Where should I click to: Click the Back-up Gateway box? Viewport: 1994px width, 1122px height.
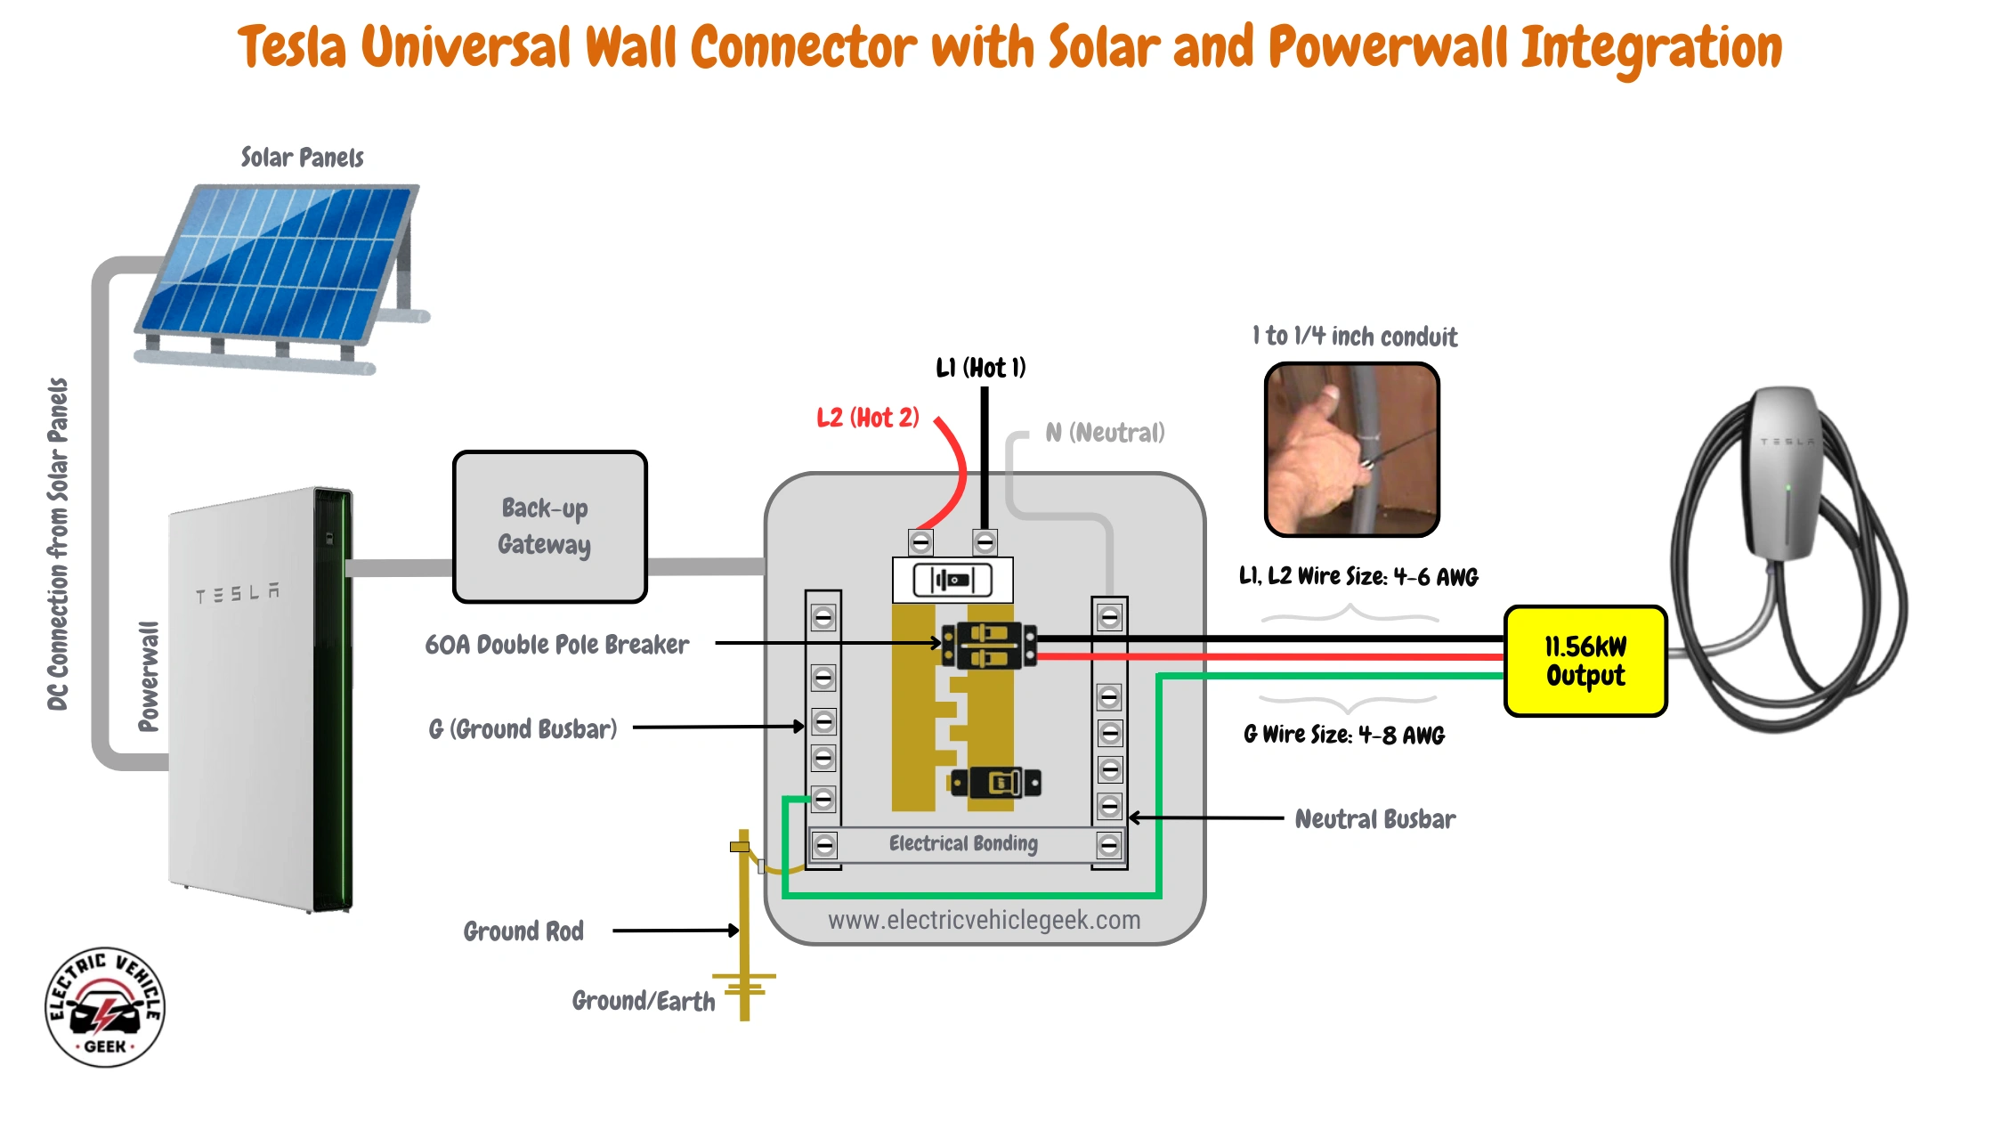click(549, 526)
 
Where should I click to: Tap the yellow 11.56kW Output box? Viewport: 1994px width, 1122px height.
click(1585, 661)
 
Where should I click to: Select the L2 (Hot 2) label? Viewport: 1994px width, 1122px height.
click(867, 418)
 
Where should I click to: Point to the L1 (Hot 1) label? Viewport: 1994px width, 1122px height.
click(980, 368)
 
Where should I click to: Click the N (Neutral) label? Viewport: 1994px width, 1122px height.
click(1104, 433)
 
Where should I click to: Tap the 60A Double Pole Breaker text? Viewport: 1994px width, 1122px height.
click(556, 645)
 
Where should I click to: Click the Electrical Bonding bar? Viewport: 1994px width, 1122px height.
click(964, 844)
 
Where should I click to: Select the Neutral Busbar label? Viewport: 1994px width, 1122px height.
click(1374, 819)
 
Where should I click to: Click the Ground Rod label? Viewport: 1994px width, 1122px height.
click(523, 931)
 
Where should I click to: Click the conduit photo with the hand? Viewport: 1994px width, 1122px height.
click(1351, 449)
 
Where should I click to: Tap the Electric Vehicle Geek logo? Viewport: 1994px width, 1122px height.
click(105, 1007)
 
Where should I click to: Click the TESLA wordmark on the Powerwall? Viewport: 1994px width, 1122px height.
click(237, 594)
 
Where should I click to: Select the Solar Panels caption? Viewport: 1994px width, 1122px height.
click(302, 158)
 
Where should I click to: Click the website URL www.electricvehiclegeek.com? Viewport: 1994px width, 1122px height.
click(984, 920)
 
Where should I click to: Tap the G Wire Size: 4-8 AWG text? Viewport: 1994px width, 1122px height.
click(1343, 736)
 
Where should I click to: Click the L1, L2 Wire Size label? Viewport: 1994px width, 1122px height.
click(1358, 577)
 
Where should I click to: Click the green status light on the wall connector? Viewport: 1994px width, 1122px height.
click(1788, 488)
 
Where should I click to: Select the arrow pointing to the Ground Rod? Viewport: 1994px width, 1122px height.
click(675, 931)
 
